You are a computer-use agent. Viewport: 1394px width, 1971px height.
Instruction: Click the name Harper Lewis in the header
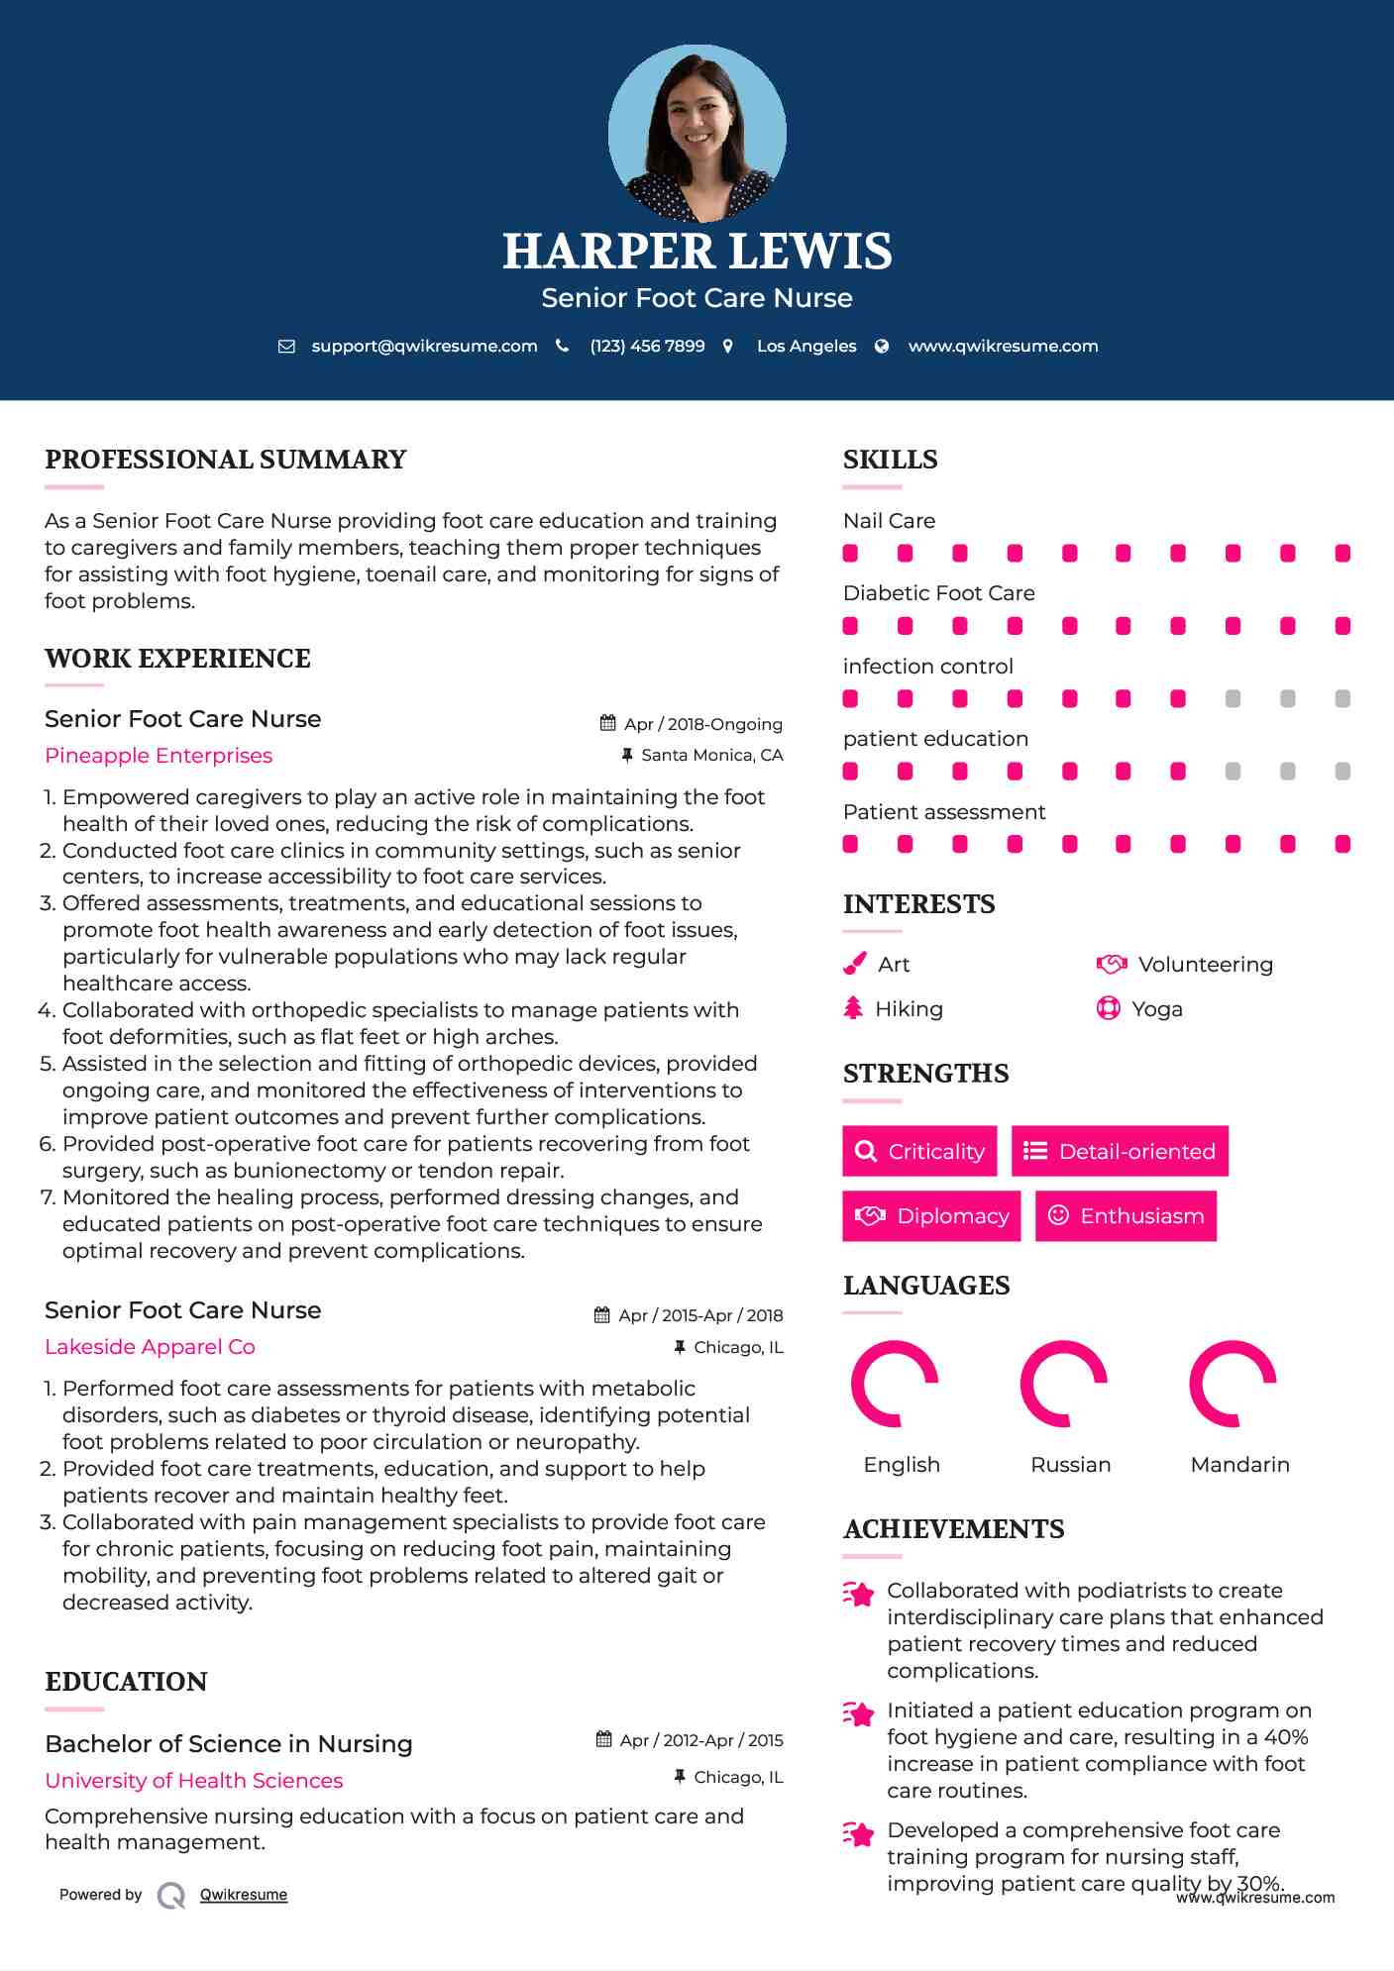click(697, 252)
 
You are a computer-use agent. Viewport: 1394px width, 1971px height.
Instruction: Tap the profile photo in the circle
click(697, 134)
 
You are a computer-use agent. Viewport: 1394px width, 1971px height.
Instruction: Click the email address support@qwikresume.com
click(424, 346)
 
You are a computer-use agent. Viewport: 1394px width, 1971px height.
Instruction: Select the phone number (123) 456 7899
click(647, 346)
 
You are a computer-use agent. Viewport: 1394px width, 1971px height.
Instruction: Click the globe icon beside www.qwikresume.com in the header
click(882, 346)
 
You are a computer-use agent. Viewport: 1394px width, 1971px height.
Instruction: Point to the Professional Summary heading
click(226, 460)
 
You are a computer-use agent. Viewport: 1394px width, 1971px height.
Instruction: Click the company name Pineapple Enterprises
click(159, 756)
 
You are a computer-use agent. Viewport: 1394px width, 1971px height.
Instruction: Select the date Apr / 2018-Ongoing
click(702, 724)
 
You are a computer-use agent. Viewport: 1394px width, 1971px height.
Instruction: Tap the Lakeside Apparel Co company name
click(150, 1347)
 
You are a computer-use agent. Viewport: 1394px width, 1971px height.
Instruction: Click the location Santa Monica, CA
click(711, 755)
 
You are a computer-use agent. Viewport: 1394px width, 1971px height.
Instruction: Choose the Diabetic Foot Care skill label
click(938, 593)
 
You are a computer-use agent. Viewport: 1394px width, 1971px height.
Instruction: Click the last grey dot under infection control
click(1342, 699)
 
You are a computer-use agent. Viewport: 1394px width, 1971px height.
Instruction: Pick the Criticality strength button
click(919, 1151)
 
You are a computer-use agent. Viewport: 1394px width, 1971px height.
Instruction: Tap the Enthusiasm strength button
click(1126, 1215)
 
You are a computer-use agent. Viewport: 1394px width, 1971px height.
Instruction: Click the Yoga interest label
click(1156, 1009)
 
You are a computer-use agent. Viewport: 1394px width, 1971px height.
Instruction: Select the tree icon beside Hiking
click(853, 1008)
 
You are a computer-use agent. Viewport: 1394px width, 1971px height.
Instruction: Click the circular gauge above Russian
click(1063, 1384)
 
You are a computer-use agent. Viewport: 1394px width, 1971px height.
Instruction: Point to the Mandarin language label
click(1239, 1465)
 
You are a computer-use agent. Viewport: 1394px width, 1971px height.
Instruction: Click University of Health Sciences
click(194, 1781)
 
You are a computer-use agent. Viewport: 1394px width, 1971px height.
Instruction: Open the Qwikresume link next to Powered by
click(244, 1895)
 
